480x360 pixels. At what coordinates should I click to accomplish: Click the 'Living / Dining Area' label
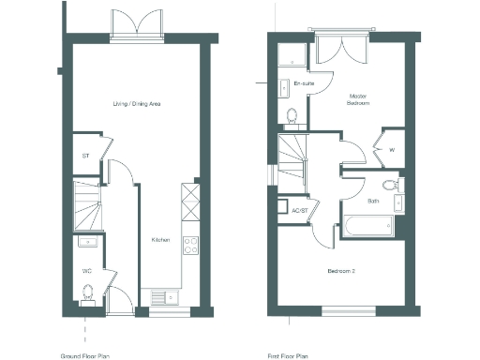(x=137, y=103)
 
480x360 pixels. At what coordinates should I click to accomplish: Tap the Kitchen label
(x=160, y=240)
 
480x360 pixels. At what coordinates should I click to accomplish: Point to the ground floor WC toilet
(x=88, y=295)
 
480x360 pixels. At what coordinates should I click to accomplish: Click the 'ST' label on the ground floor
(x=85, y=157)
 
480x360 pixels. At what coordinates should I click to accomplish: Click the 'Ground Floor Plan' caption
(x=85, y=356)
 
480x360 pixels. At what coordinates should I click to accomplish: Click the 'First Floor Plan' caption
(x=288, y=356)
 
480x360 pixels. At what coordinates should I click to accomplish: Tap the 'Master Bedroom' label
(x=356, y=99)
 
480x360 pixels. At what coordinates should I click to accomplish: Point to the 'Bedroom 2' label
(x=339, y=271)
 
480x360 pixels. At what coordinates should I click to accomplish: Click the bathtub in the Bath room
(x=367, y=225)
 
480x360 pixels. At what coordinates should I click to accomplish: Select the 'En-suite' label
(x=303, y=84)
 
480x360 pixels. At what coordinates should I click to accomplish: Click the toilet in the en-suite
(x=292, y=116)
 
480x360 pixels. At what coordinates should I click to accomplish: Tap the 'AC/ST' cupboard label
(x=301, y=211)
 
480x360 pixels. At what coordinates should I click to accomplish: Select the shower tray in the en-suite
(x=292, y=55)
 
